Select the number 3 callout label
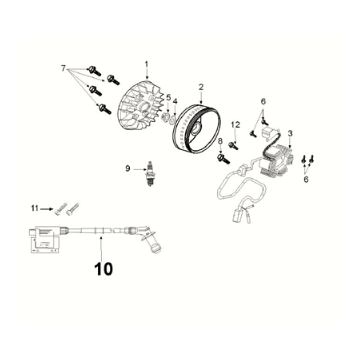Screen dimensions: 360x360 (290, 133)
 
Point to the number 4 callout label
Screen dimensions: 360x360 (178, 102)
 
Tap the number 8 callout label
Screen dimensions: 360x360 (220, 143)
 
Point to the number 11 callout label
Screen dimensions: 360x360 (33, 207)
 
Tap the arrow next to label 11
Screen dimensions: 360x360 (48, 208)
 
